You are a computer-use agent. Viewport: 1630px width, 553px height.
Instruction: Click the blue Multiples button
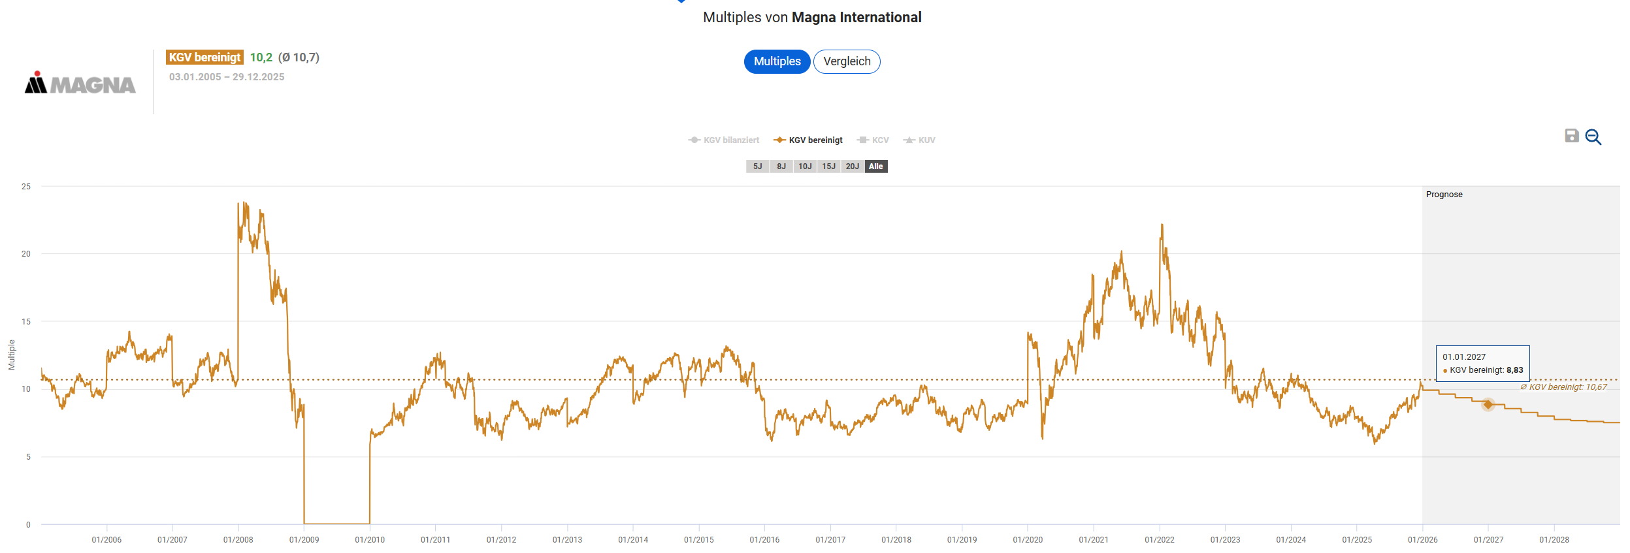[777, 61]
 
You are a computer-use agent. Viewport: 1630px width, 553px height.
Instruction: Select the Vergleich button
[847, 61]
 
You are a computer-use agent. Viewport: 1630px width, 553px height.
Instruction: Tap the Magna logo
[80, 83]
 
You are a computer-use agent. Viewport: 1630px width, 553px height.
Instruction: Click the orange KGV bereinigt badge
[204, 57]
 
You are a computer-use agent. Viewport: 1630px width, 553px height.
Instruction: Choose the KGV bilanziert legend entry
[724, 140]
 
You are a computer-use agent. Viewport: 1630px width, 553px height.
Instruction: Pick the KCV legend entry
[873, 140]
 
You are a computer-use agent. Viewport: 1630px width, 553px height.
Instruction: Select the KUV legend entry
[920, 140]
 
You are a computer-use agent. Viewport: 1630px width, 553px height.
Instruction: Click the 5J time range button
[757, 166]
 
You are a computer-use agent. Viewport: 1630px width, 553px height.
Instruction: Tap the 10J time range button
[805, 166]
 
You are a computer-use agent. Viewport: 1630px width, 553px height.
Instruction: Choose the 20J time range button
[852, 166]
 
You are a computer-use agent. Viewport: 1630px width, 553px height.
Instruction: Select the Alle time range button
[876, 166]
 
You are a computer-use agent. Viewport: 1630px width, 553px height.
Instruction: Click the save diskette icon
[1572, 136]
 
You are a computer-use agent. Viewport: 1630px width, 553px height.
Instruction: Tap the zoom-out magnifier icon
[1593, 137]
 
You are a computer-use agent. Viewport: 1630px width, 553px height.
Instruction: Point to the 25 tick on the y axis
[26, 187]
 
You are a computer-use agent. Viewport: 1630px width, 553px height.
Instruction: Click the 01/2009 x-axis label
[304, 540]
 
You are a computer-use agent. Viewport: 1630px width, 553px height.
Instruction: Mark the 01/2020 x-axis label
[1028, 540]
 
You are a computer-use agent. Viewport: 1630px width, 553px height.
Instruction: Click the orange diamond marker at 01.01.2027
[1488, 405]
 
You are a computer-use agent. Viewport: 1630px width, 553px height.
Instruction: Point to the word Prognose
[1444, 195]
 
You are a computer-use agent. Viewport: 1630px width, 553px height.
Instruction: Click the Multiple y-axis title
[12, 355]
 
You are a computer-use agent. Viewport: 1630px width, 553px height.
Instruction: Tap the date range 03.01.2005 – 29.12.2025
[227, 77]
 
